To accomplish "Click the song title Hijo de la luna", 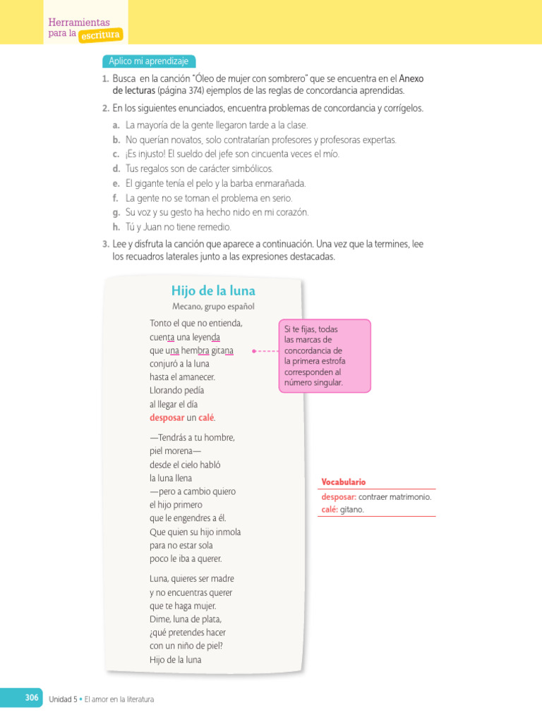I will point(213,291).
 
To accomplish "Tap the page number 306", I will point(31,697).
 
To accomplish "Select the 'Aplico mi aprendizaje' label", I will point(149,61).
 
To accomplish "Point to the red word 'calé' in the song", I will point(205,417).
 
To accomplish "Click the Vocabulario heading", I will point(344,482).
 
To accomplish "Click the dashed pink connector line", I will point(266,350).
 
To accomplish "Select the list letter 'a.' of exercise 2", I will point(116,125).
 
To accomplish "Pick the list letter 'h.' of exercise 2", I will point(116,227).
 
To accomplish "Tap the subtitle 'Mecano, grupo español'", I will point(213,307).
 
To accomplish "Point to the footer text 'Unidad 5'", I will point(62,699).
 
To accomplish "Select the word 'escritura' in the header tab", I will point(100,34).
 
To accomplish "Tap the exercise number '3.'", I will point(106,243).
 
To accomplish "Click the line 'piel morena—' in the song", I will point(175,451).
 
